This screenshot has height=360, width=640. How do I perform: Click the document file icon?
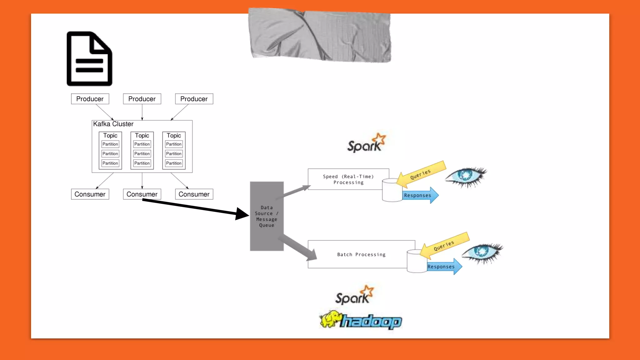[x=89, y=59]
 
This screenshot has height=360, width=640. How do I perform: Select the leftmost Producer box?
[x=90, y=99]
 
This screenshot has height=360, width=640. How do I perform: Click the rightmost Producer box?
[x=194, y=99]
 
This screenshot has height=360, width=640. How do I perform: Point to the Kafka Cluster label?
[x=113, y=124]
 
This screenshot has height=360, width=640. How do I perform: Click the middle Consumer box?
[x=142, y=194]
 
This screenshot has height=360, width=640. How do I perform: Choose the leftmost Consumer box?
[x=90, y=194]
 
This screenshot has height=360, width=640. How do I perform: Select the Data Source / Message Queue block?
[x=267, y=216]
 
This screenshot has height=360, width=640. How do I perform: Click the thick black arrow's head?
[x=242, y=214]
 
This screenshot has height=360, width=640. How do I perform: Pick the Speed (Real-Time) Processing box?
[x=348, y=179]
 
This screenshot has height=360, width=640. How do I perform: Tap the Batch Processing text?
[x=361, y=254]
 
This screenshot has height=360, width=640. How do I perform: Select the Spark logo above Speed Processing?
[x=366, y=143]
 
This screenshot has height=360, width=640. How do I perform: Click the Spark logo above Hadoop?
[x=354, y=295]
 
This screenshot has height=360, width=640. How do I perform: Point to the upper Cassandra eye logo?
[x=466, y=176]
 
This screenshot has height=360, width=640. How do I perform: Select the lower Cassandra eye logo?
[x=482, y=252]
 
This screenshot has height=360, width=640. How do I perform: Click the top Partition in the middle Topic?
[x=142, y=144]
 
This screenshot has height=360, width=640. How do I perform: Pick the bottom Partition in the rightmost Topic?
[x=174, y=163]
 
